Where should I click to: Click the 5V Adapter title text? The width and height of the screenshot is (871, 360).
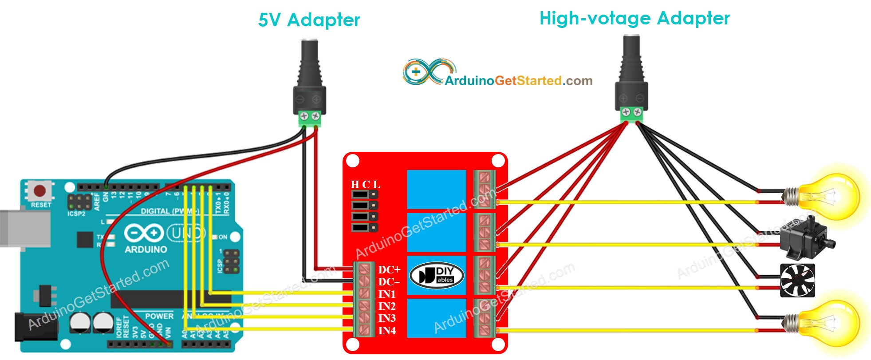pyautogui.click(x=309, y=20)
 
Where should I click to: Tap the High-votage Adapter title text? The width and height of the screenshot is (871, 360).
pyautogui.click(x=634, y=19)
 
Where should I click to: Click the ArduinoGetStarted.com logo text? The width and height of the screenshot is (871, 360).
pyautogui.click(x=518, y=81)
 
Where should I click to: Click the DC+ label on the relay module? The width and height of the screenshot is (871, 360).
pyautogui.click(x=389, y=270)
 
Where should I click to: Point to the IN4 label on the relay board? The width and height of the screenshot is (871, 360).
pyautogui.click(x=387, y=331)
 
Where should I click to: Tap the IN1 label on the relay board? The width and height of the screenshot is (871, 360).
pyautogui.click(x=387, y=294)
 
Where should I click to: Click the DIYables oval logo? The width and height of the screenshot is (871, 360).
pyautogui.click(x=437, y=275)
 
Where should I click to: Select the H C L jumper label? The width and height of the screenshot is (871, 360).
pyautogui.click(x=365, y=185)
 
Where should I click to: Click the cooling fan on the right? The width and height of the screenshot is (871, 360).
pyautogui.click(x=797, y=281)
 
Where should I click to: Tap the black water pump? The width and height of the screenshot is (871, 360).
pyautogui.click(x=805, y=238)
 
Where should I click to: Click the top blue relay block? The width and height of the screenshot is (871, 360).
pyautogui.click(x=437, y=190)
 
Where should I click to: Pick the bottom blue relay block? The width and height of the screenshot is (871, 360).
pyautogui.click(x=437, y=318)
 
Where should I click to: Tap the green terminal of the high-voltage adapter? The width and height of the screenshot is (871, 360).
pyautogui.click(x=631, y=113)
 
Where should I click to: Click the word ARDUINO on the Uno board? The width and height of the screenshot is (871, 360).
pyautogui.click(x=146, y=249)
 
